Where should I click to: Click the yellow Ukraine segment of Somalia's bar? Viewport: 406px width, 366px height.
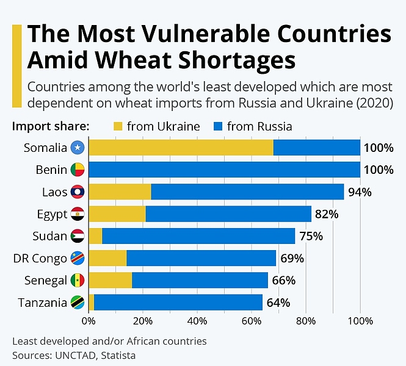181,148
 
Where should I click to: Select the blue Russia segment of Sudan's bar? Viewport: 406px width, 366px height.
198,236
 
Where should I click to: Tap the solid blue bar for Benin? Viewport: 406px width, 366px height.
224,170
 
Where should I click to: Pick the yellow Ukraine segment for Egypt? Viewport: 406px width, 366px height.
117,214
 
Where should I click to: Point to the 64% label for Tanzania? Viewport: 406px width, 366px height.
278,303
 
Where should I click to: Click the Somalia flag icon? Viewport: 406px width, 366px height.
78,148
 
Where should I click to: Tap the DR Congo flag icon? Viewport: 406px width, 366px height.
78,258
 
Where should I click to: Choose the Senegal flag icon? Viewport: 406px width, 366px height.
78,280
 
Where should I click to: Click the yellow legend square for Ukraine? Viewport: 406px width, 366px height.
118,127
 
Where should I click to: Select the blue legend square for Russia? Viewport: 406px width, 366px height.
218,127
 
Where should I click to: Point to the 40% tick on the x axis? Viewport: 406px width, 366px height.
197,320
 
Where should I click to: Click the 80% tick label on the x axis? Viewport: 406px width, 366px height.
306,320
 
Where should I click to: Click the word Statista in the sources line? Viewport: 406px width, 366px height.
119,354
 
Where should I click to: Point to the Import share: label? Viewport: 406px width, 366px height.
51,127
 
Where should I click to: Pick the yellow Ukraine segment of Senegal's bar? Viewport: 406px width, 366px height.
111,280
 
